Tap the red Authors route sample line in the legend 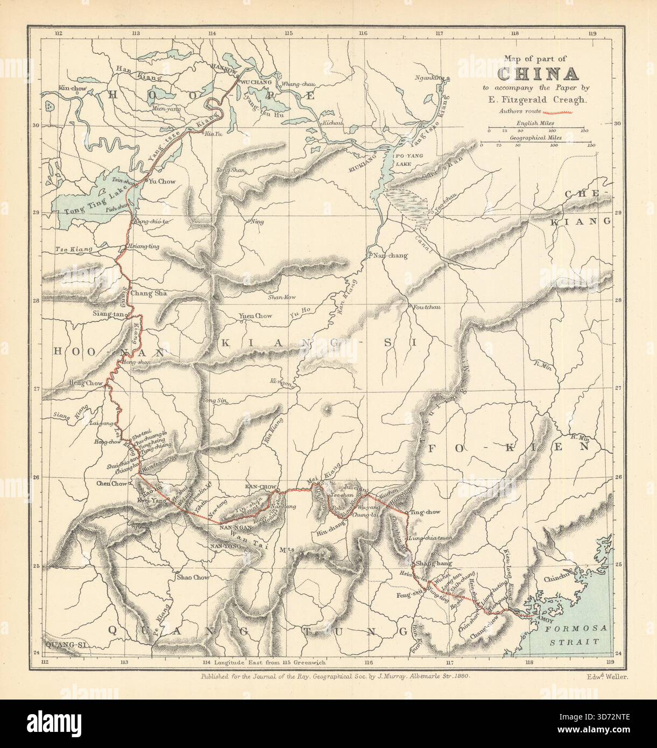pos(561,112)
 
